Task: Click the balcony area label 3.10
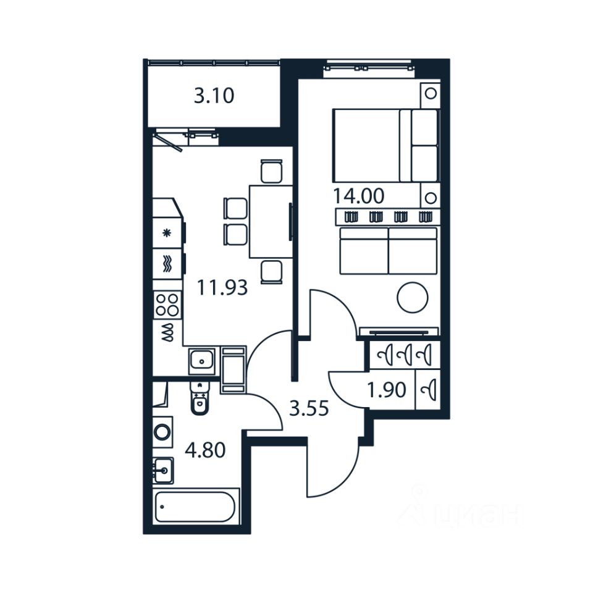(x=214, y=96)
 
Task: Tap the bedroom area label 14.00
(x=358, y=196)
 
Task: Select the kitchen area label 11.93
(x=222, y=287)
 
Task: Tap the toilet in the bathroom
(x=199, y=400)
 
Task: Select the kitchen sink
(x=201, y=360)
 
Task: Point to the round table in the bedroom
(x=412, y=298)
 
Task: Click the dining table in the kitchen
(x=270, y=221)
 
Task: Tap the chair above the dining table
(x=271, y=171)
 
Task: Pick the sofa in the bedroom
(x=388, y=250)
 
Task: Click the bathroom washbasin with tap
(x=163, y=471)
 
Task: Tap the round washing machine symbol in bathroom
(x=162, y=431)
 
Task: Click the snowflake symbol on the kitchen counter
(x=166, y=233)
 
